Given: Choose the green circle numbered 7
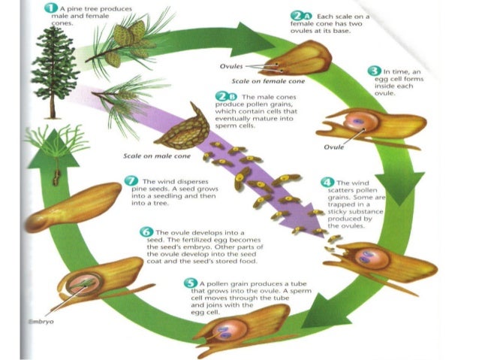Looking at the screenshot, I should tap(131, 181).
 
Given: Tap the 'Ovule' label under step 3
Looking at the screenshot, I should tap(334, 147).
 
